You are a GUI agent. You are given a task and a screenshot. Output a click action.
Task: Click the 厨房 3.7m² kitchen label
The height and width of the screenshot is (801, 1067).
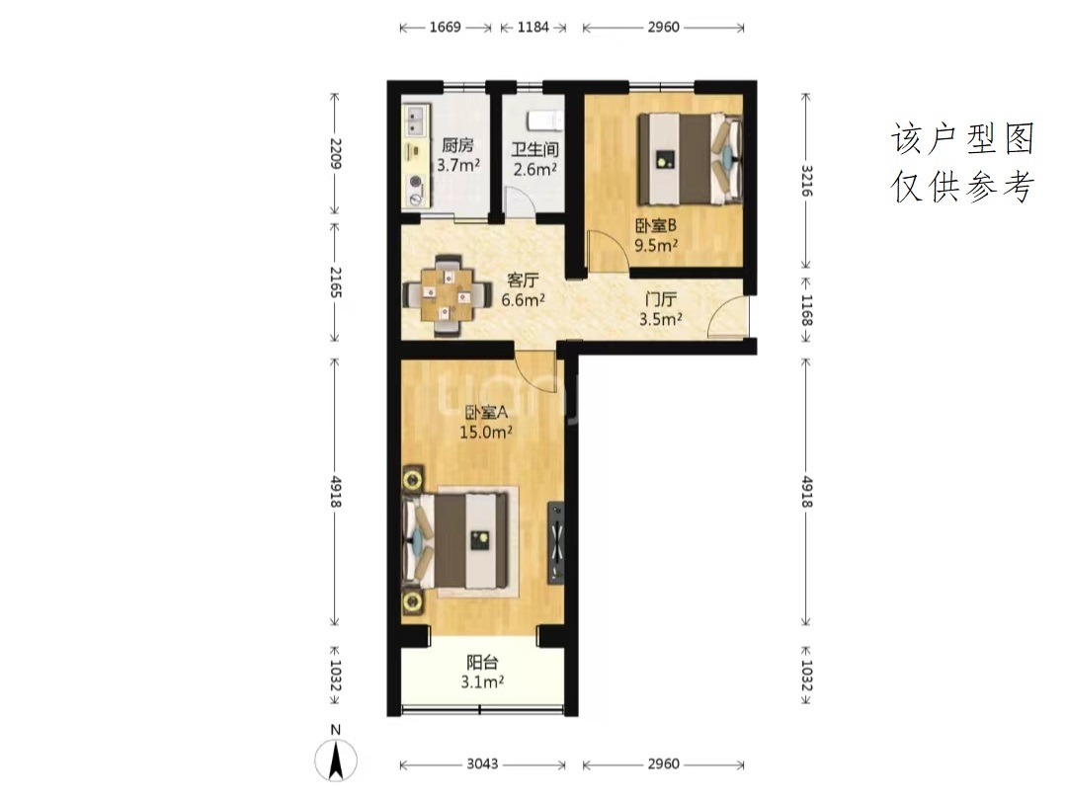[458, 154]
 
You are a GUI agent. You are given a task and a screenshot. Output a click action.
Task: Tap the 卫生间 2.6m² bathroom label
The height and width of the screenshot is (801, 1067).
[535, 159]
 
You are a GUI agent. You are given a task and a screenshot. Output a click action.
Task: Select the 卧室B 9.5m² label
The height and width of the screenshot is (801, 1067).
[656, 235]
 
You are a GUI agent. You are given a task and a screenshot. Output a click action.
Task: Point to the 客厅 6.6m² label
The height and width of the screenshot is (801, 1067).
[524, 290]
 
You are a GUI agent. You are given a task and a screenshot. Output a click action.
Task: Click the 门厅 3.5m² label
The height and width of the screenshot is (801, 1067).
[660, 309]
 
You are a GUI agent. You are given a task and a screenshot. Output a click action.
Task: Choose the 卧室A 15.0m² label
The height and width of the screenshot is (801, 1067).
[486, 422]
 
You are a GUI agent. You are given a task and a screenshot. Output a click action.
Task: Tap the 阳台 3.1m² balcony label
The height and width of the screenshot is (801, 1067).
[482, 672]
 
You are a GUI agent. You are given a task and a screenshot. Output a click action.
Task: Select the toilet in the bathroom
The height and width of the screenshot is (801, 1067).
[545, 120]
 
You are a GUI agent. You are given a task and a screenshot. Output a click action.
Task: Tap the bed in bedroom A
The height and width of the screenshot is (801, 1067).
[455, 540]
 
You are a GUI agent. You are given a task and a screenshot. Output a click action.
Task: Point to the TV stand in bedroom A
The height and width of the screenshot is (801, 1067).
[556, 543]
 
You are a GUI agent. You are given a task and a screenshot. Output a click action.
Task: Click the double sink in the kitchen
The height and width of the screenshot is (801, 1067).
[415, 120]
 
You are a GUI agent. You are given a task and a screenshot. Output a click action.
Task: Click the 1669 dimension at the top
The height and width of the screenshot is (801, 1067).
[445, 28]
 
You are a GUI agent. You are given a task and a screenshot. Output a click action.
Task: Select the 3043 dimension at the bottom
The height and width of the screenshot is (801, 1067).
[482, 764]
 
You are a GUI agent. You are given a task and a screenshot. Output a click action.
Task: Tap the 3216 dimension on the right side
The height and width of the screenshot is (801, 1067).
[806, 181]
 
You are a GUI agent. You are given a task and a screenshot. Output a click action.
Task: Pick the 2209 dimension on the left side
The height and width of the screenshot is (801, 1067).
[335, 153]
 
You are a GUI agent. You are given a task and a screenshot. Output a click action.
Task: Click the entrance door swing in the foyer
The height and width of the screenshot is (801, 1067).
[728, 317]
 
